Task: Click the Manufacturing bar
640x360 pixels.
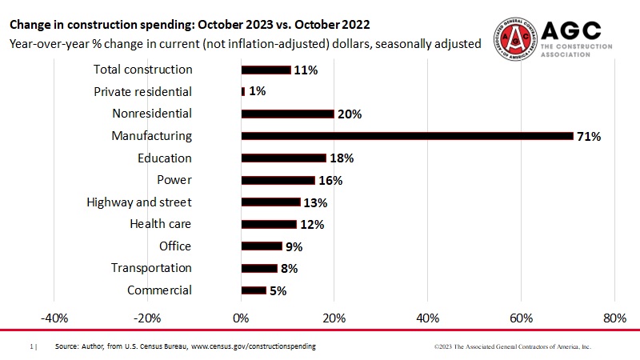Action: tap(407, 136)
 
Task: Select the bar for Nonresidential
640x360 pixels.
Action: tap(287, 114)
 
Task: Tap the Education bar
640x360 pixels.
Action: tap(283, 158)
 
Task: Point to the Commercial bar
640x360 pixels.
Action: tap(254, 290)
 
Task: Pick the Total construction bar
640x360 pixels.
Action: tap(266, 70)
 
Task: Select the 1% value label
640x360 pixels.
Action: tap(257, 92)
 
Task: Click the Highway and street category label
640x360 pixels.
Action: tap(139, 202)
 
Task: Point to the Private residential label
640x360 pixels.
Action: tap(143, 92)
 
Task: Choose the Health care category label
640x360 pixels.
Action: tap(161, 224)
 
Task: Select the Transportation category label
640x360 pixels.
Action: tap(151, 268)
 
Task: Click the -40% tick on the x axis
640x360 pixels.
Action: tap(54, 318)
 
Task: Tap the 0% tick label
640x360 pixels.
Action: tap(241, 318)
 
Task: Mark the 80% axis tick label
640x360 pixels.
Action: tap(614, 318)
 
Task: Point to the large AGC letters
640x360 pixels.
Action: tap(571, 30)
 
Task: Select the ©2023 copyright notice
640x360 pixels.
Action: tap(512, 347)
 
